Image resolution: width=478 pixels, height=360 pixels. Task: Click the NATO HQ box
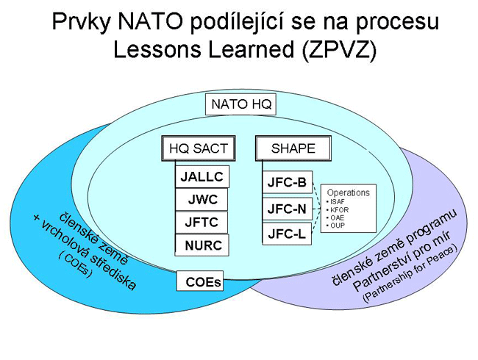(240, 104)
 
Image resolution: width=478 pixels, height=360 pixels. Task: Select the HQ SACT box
(199, 148)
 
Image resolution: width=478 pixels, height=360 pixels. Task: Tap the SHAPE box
(293, 148)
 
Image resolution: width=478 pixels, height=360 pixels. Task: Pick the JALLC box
(202, 176)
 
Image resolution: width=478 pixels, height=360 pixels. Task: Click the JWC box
(201, 200)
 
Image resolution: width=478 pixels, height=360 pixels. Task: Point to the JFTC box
(201, 223)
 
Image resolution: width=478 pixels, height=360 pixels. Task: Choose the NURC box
(202, 245)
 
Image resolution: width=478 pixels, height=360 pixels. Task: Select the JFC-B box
(287, 182)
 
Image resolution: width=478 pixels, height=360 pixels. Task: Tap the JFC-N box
(287, 209)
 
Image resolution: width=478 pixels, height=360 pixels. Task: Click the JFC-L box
(287, 234)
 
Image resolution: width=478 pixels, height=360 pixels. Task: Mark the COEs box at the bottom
(200, 281)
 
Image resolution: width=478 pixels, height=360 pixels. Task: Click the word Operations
(348, 192)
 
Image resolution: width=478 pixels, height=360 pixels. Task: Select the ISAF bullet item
(335, 201)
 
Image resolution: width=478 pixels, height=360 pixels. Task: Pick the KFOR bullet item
(337, 210)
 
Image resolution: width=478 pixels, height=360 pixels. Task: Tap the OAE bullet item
(335, 217)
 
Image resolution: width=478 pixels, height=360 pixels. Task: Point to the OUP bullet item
(335, 226)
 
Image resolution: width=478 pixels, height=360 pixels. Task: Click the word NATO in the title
(149, 21)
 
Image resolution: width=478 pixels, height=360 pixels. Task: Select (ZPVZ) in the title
(339, 49)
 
